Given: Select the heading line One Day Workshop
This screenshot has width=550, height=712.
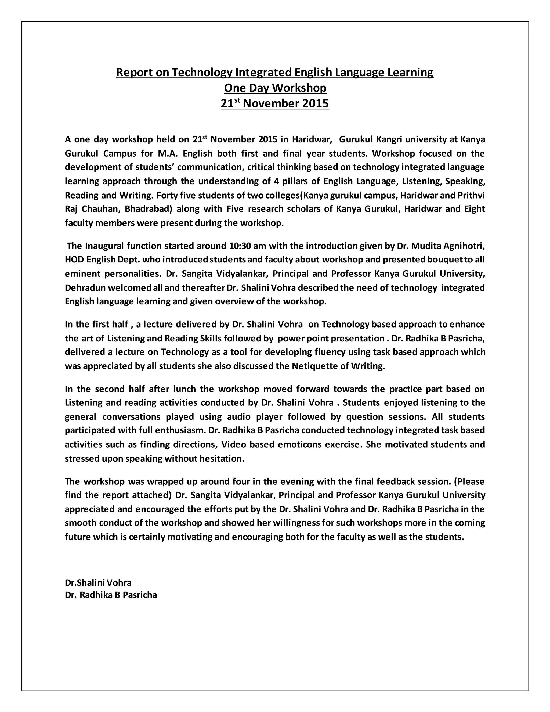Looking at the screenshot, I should point(275,88).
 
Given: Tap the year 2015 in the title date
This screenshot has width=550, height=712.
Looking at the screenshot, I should point(315,104).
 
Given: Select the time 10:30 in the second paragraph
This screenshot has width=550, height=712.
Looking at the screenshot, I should point(240,246).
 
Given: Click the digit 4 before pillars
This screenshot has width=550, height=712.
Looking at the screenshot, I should point(276,181).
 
